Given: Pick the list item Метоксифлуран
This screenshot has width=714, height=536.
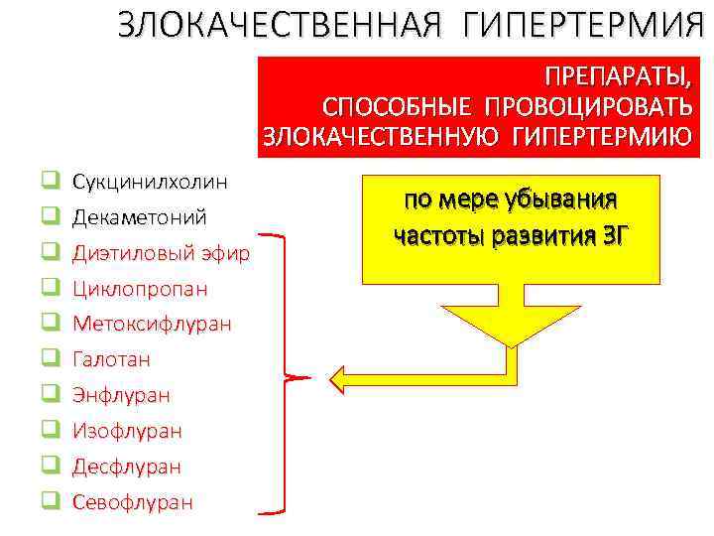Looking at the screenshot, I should (152, 324).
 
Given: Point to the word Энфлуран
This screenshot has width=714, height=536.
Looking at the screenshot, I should (121, 395).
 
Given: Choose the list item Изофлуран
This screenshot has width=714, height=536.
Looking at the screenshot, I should (127, 431).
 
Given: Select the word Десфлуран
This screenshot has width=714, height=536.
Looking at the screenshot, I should (126, 467).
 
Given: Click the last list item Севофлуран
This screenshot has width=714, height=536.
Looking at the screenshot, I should (133, 502).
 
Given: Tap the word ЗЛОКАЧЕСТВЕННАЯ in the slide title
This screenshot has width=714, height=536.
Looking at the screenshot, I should (274, 25).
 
